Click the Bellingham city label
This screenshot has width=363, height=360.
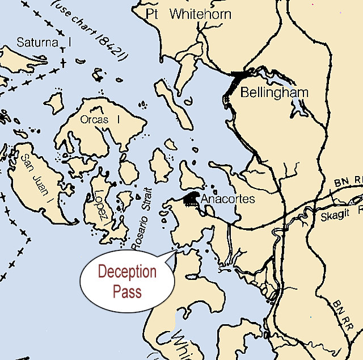coord(275,93)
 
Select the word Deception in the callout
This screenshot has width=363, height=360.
coord(127,272)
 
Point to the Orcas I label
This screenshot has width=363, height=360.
coord(100,120)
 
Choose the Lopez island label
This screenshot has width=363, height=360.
coord(102,206)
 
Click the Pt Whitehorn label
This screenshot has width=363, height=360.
coord(188,14)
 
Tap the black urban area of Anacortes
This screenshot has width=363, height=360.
coord(192,200)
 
